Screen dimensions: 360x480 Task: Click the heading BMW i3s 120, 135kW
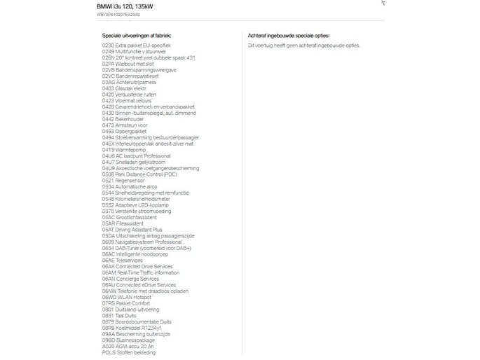(125, 6)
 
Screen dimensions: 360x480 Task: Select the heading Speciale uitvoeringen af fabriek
(137, 34)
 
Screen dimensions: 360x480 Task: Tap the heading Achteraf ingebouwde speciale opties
(288, 34)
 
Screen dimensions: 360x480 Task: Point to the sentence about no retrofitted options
(303, 45)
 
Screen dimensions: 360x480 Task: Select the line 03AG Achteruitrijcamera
(129, 82)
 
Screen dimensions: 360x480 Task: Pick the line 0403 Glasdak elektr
(125, 88)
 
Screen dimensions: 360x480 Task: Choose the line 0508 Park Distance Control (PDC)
(139, 174)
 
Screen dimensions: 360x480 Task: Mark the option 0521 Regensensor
(123, 181)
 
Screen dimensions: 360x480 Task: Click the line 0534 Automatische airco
(132, 187)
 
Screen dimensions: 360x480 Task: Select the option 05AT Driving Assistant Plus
(132, 230)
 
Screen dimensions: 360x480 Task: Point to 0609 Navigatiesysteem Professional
(142, 242)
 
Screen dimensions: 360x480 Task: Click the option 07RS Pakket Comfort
(126, 303)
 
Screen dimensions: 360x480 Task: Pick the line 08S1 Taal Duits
(120, 316)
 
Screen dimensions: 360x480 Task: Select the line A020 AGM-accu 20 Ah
(128, 346)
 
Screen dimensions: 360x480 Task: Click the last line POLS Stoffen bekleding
(129, 352)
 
